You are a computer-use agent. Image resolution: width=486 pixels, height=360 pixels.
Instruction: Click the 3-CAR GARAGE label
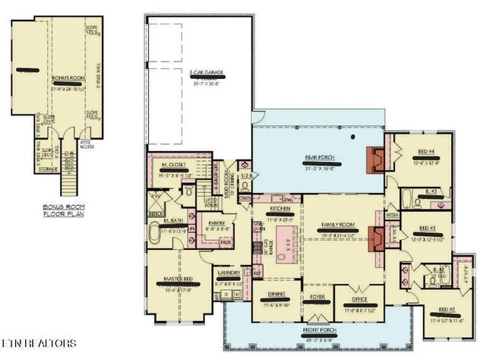click(207, 73)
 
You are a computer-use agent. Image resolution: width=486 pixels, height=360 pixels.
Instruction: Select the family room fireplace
click(375, 236)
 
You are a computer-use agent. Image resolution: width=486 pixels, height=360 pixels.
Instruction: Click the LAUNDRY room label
click(229, 273)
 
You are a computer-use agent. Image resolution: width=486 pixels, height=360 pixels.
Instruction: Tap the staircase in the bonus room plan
click(69, 175)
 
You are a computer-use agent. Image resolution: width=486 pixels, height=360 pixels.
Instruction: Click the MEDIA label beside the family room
click(393, 215)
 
